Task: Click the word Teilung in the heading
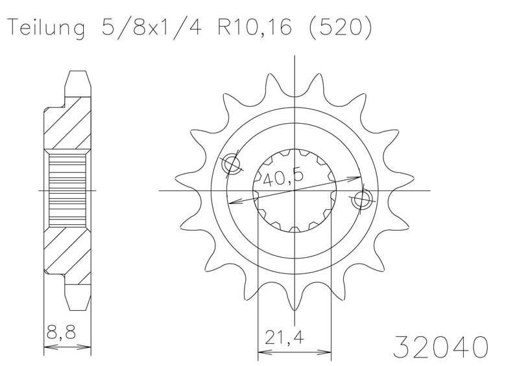click(x=46, y=28)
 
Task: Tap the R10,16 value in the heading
click(x=254, y=27)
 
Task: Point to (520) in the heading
click(x=339, y=27)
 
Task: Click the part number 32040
click(x=441, y=347)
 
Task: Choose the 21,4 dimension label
click(x=284, y=337)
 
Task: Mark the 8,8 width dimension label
click(x=62, y=332)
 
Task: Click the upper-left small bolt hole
click(x=231, y=164)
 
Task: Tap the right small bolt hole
click(x=361, y=200)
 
